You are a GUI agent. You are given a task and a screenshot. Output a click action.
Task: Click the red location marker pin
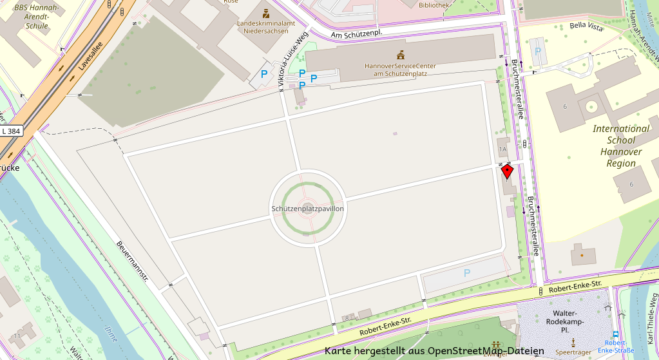pos(508,171)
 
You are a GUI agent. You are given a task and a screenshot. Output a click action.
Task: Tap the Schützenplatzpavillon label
pos(308,209)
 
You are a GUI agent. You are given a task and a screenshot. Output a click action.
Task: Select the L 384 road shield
pos(12,131)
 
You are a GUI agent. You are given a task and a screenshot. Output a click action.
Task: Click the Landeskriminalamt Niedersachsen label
pos(266,26)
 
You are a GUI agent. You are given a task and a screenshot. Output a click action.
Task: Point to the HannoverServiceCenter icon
pos(401,55)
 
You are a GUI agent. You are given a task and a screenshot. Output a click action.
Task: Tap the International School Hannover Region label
pos(621,146)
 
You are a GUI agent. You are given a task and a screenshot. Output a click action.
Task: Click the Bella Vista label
pos(586,26)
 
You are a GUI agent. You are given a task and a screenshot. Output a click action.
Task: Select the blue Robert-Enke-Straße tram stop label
pos(615,346)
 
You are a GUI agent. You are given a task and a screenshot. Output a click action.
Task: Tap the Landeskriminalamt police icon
pos(266,13)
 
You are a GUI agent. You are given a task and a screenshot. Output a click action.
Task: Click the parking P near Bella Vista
pos(538,50)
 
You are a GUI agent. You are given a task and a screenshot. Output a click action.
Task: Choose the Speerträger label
pos(573,352)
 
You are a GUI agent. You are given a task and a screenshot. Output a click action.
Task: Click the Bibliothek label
pos(434,5)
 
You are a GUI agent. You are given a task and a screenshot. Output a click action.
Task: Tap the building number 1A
pos(503,149)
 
